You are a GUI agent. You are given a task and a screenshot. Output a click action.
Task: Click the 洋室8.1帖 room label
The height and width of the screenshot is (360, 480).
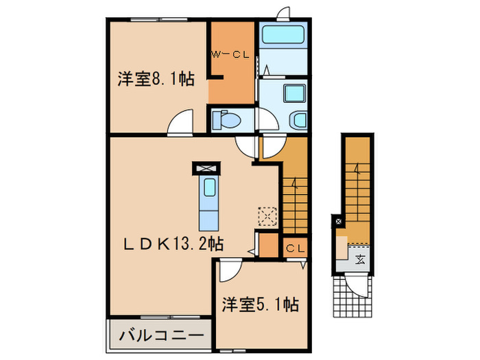pyautogui.click(x=155, y=80)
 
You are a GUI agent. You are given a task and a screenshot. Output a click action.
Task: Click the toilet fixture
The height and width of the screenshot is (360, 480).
pyautogui.click(x=227, y=121)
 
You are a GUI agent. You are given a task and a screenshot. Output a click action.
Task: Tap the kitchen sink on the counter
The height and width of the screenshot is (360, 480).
pyautogui.click(x=207, y=187)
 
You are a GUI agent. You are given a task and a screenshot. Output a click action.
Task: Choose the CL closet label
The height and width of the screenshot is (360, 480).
pyautogui.click(x=296, y=248)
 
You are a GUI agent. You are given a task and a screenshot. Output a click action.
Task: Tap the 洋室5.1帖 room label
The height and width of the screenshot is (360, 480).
pyautogui.click(x=259, y=303)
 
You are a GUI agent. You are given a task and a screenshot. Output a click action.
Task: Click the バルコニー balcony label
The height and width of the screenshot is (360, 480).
pyautogui.click(x=162, y=335)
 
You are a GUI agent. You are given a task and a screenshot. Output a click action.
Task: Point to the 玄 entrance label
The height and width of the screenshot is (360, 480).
pyautogui.click(x=360, y=259)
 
